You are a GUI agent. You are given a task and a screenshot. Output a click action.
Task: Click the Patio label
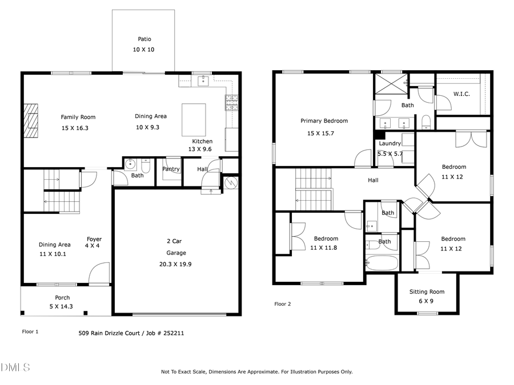click(x=144, y=39)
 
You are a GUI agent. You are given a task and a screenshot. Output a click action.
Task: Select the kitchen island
click(x=193, y=119)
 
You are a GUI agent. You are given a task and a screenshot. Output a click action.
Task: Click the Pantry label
click(x=171, y=169)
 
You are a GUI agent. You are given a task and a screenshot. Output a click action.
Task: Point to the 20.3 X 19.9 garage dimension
click(x=176, y=264)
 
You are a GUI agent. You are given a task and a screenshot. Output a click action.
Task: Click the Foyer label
click(x=94, y=239)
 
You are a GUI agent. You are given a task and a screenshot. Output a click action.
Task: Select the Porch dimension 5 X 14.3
click(x=62, y=306)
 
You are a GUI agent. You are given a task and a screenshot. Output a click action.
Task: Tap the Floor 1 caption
click(x=30, y=331)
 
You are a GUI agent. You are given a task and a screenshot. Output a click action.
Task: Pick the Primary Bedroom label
click(x=324, y=121)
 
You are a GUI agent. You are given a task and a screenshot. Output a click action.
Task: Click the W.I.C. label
click(x=461, y=94)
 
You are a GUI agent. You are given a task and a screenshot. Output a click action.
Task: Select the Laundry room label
click(x=389, y=144)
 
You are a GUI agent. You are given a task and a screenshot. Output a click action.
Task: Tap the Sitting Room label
click(x=427, y=292)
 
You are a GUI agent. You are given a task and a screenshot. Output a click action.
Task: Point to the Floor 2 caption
click(x=283, y=304)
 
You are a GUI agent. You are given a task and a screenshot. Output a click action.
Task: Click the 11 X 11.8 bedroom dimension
click(x=324, y=248)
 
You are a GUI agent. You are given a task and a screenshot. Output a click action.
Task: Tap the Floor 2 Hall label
click(x=373, y=180)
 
